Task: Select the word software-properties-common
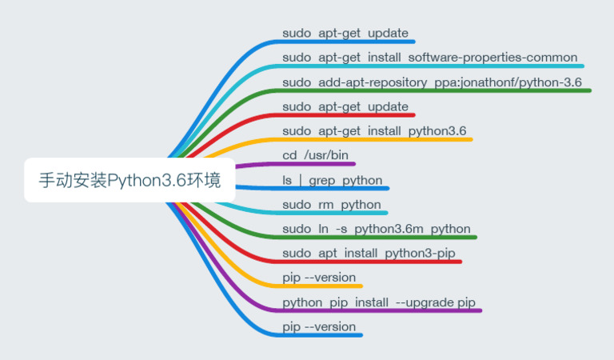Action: [x=492, y=57]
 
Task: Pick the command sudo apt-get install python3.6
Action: [x=374, y=130]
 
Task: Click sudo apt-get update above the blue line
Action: [x=345, y=33]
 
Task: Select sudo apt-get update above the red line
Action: [x=345, y=106]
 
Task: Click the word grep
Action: [x=322, y=180]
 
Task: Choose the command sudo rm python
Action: [x=332, y=204]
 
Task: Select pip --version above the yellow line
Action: [x=319, y=278]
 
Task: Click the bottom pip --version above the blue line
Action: [x=319, y=326]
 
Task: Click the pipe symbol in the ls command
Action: [x=301, y=180]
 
